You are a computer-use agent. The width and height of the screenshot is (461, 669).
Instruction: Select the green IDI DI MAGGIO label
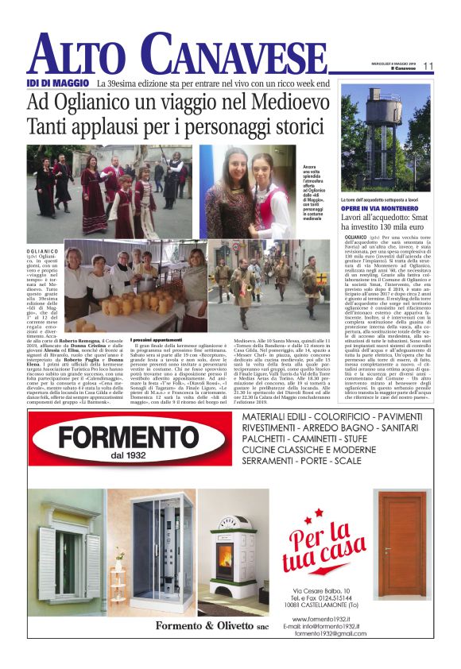point(56,83)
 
